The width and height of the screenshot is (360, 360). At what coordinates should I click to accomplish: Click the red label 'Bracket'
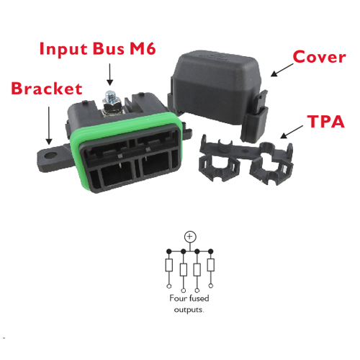[x=47, y=89]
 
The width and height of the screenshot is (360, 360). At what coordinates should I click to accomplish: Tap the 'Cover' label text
[x=320, y=57]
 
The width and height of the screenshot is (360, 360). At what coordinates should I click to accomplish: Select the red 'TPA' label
[x=326, y=122]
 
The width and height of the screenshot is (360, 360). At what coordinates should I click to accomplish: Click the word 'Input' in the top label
[x=63, y=49]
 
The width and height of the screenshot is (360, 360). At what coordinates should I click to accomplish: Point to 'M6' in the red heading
[x=143, y=48]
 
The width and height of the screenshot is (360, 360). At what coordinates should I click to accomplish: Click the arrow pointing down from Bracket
[x=49, y=126]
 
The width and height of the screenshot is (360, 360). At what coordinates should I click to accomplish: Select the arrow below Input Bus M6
[x=109, y=74]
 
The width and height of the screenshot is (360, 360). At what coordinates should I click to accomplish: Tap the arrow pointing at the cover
[x=282, y=70]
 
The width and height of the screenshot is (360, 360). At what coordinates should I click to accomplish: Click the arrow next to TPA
[x=292, y=132]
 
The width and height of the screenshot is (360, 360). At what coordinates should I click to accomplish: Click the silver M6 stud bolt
[x=111, y=104]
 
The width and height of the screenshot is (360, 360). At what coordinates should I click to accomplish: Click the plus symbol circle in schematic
[x=190, y=237]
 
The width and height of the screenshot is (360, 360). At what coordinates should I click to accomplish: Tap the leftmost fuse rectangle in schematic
[x=169, y=265]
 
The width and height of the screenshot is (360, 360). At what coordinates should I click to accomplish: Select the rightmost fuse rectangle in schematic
[x=211, y=265]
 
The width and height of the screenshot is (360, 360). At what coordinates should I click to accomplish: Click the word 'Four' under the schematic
[x=178, y=298]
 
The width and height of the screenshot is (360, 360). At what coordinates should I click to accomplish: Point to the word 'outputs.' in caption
[x=189, y=310]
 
